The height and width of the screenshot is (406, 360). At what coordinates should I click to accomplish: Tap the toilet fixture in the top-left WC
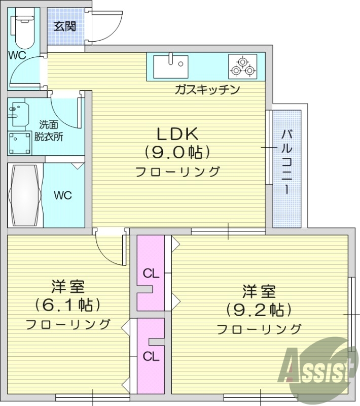pyautogui.click(x=23, y=28)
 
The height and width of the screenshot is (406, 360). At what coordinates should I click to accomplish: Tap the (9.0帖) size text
pyautogui.click(x=177, y=152)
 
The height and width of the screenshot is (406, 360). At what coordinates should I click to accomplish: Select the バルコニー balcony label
pyautogui.click(x=286, y=163)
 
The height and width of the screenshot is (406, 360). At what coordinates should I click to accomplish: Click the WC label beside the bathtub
pyautogui.click(x=63, y=195)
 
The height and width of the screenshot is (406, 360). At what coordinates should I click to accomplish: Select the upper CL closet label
pyautogui.click(x=151, y=274)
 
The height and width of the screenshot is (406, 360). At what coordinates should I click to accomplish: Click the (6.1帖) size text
pyautogui.click(x=67, y=304)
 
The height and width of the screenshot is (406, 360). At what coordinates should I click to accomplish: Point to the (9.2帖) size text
pyautogui.click(x=259, y=309)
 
